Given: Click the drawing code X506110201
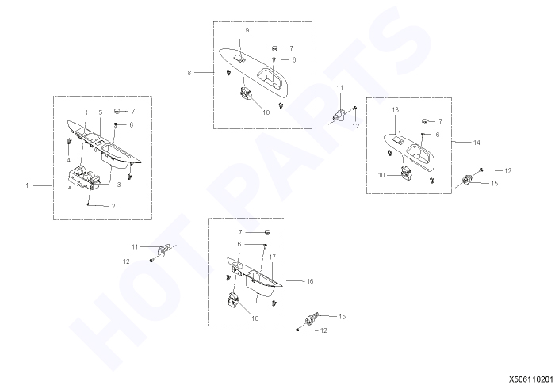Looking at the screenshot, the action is [532, 379].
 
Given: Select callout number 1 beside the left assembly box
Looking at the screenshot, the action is [27, 185].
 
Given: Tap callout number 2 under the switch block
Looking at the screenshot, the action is [113, 206].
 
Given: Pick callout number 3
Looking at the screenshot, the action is [119, 185].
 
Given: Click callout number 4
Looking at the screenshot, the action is [68, 161].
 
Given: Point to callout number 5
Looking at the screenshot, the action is [101, 112].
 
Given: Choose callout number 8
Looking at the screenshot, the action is [189, 73].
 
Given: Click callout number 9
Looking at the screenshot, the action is [247, 30].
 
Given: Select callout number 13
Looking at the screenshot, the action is [396, 110].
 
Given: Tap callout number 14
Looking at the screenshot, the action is [477, 143].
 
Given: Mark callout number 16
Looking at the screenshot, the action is [310, 281].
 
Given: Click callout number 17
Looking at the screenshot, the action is [272, 257].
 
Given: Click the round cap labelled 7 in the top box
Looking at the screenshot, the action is [274, 48].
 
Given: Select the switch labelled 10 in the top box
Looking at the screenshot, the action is [246, 93].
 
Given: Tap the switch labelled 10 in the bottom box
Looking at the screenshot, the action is [233, 299].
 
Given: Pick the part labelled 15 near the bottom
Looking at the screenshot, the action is [312, 319].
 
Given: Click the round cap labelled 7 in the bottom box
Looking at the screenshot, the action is [267, 232].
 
